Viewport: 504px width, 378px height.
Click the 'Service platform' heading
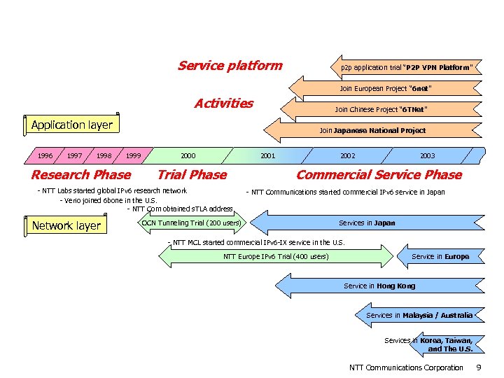click(230, 66)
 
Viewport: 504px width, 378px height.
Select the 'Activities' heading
click(223, 104)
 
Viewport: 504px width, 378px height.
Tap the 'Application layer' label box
click(71, 125)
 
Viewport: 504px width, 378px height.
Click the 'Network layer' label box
click(66, 225)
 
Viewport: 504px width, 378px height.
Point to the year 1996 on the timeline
click(45, 155)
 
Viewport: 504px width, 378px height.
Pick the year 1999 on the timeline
click(133, 155)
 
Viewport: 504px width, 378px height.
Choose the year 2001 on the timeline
click(267, 155)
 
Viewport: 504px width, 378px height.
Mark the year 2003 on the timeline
click(427, 155)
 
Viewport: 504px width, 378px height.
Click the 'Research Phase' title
click(80, 175)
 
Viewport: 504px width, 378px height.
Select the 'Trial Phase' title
click(192, 175)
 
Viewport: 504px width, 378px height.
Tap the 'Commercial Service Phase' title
click(379, 175)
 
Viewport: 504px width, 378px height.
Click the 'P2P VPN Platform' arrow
click(406, 68)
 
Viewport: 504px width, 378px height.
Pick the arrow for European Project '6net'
click(385, 89)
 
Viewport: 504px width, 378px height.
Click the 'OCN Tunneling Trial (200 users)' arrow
click(191, 223)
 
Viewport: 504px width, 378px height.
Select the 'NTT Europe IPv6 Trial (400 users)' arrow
click(276, 257)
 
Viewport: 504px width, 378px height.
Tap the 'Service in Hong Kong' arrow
click(379, 286)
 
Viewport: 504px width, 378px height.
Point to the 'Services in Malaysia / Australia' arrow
click(419, 316)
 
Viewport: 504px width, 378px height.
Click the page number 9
click(478, 367)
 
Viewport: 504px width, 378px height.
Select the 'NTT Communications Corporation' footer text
click(406, 367)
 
